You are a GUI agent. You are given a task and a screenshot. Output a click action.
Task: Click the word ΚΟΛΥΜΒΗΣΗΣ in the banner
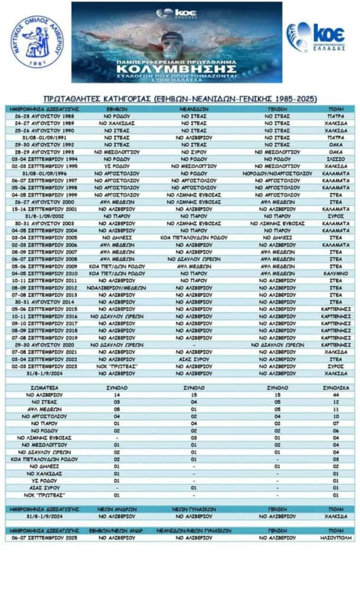[x=176, y=67]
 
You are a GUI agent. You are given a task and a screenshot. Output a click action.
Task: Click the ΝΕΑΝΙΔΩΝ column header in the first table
[x=193, y=110]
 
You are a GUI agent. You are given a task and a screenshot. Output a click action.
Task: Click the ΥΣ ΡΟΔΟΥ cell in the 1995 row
[x=117, y=167]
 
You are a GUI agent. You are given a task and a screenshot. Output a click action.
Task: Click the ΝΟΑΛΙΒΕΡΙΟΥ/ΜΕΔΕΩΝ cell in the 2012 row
[x=117, y=288]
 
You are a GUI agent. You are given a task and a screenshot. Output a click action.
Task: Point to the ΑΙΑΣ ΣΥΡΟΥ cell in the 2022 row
[x=193, y=359]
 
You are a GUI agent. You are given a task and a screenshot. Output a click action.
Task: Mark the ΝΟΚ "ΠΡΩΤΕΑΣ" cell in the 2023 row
[x=117, y=366]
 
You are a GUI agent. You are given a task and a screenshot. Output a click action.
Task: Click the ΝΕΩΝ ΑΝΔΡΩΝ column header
[x=117, y=508]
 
